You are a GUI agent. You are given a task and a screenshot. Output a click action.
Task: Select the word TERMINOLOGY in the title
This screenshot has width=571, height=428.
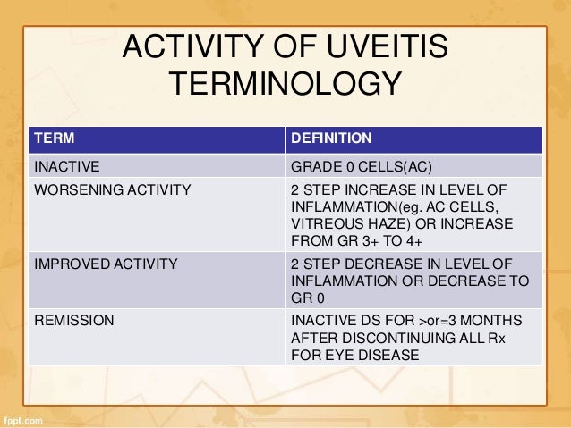285,87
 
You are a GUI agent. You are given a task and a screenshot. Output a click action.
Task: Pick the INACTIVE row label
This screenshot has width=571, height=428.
66,166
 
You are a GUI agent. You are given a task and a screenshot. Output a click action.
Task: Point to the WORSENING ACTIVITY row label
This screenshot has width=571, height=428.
112,189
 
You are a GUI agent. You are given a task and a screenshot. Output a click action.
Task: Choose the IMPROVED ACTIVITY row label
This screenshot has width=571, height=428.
106,264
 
